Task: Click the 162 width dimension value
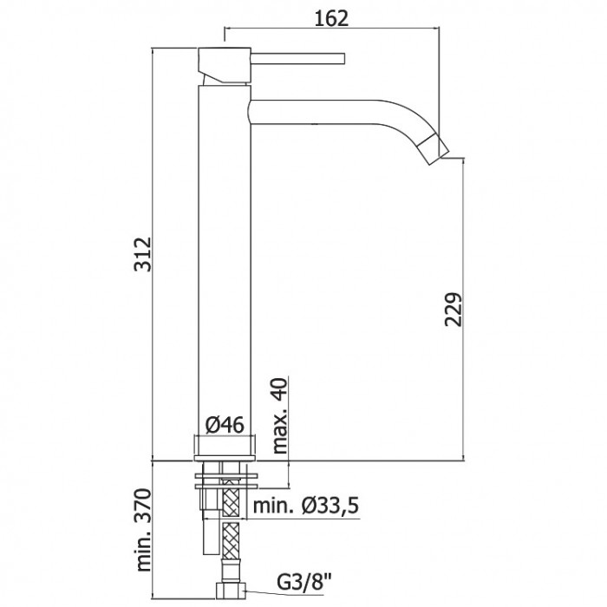(331, 18)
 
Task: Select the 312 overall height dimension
(142, 254)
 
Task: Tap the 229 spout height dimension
(454, 310)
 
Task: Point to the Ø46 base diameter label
(225, 425)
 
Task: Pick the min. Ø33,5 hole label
(306, 506)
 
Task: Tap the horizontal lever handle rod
(297, 58)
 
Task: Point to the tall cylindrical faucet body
(225, 271)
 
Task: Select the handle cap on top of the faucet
(225, 65)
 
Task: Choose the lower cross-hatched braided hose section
(231, 540)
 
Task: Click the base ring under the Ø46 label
(225, 447)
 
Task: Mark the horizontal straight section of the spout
(314, 112)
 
